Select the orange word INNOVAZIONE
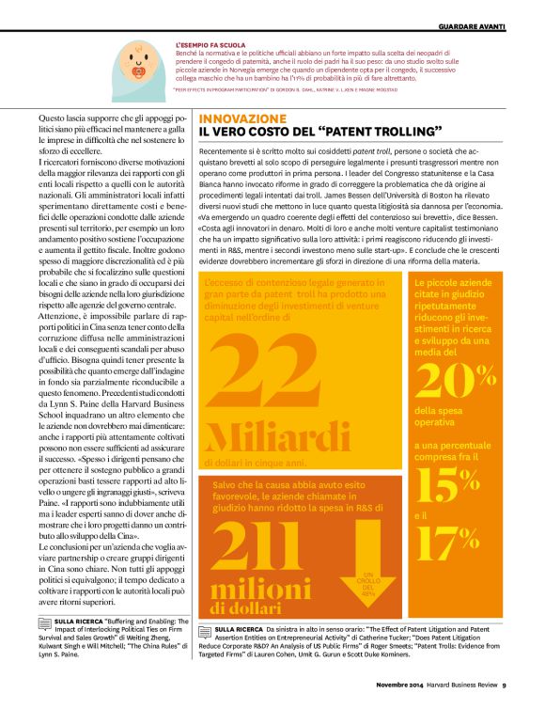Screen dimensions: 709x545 tap(242, 119)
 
